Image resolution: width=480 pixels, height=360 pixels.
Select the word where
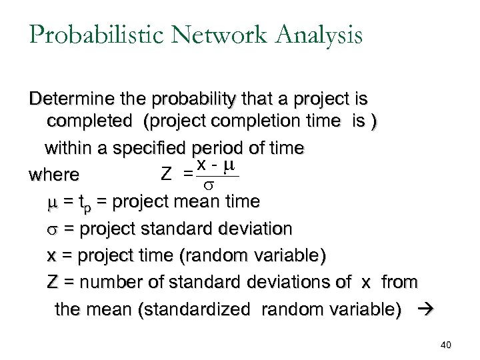click(x=54, y=175)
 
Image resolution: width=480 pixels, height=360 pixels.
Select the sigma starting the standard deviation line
click(x=52, y=229)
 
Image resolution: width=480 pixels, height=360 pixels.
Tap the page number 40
click(x=446, y=345)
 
